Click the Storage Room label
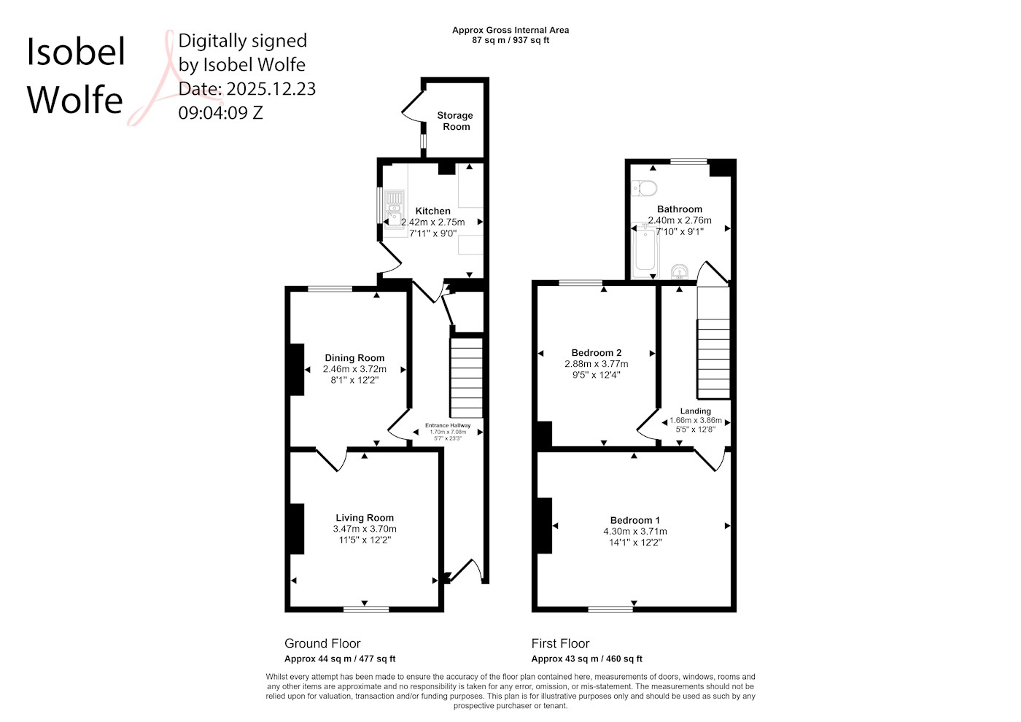(x=455, y=121)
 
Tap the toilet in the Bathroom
(x=643, y=188)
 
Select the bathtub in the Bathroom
(x=645, y=249)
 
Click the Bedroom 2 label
(x=597, y=352)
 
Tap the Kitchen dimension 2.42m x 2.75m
(x=432, y=222)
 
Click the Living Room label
(x=365, y=517)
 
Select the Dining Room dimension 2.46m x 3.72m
(x=354, y=369)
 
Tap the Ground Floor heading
(x=322, y=643)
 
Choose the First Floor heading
(x=560, y=643)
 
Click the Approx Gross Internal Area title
(x=510, y=30)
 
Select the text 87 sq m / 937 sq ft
(x=510, y=40)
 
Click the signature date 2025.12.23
(x=271, y=88)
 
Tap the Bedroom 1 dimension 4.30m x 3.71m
(x=635, y=531)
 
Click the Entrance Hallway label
(x=448, y=425)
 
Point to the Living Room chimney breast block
(x=298, y=529)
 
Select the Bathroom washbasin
(x=680, y=271)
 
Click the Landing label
(x=695, y=411)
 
